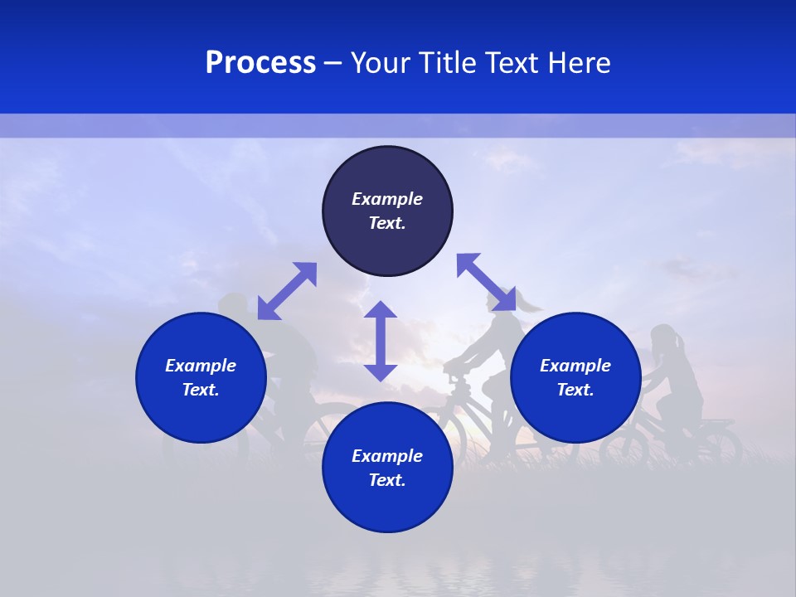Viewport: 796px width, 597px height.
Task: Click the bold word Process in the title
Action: pyautogui.click(x=260, y=63)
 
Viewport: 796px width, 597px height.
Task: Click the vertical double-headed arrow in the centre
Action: pyautogui.click(x=381, y=342)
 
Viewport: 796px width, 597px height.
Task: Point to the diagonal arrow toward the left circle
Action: pyautogui.click(x=287, y=291)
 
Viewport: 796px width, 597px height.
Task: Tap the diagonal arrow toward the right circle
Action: pyautogui.click(x=487, y=282)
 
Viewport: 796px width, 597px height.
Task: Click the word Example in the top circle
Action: pyautogui.click(x=387, y=199)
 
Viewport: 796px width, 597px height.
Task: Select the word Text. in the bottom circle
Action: pyautogui.click(x=387, y=480)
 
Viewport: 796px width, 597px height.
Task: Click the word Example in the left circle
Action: pyautogui.click(x=201, y=366)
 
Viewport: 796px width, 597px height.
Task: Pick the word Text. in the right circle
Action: pyautogui.click(x=575, y=390)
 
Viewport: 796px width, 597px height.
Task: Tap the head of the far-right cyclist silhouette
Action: pyautogui.click(x=664, y=337)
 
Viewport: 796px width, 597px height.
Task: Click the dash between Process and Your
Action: pyautogui.click(x=333, y=64)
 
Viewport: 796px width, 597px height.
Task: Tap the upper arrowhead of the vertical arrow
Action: pyautogui.click(x=381, y=310)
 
